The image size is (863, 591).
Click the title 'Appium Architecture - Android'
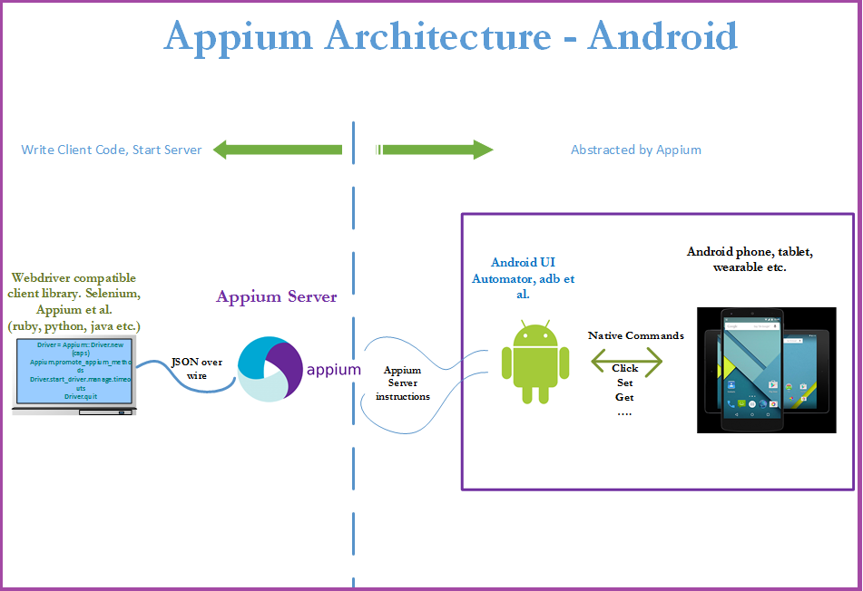[x=450, y=36]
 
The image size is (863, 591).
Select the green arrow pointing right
[x=435, y=150]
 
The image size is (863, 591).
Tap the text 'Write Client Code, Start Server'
[x=112, y=150]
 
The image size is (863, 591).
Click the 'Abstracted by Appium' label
[x=635, y=150]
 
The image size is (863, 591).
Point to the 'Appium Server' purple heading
[x=276, y=296]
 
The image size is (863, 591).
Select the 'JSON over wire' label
[x=196, y=368]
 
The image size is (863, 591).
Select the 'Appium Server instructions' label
[x=402, y=383]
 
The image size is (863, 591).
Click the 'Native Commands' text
[x=635, y=335]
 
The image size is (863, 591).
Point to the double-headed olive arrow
[x=626, y=361]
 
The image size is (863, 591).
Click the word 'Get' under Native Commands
[x=624, y=397]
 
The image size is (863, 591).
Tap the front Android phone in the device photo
[x=760, y=370]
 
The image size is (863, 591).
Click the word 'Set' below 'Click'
[x=624, y=383]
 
